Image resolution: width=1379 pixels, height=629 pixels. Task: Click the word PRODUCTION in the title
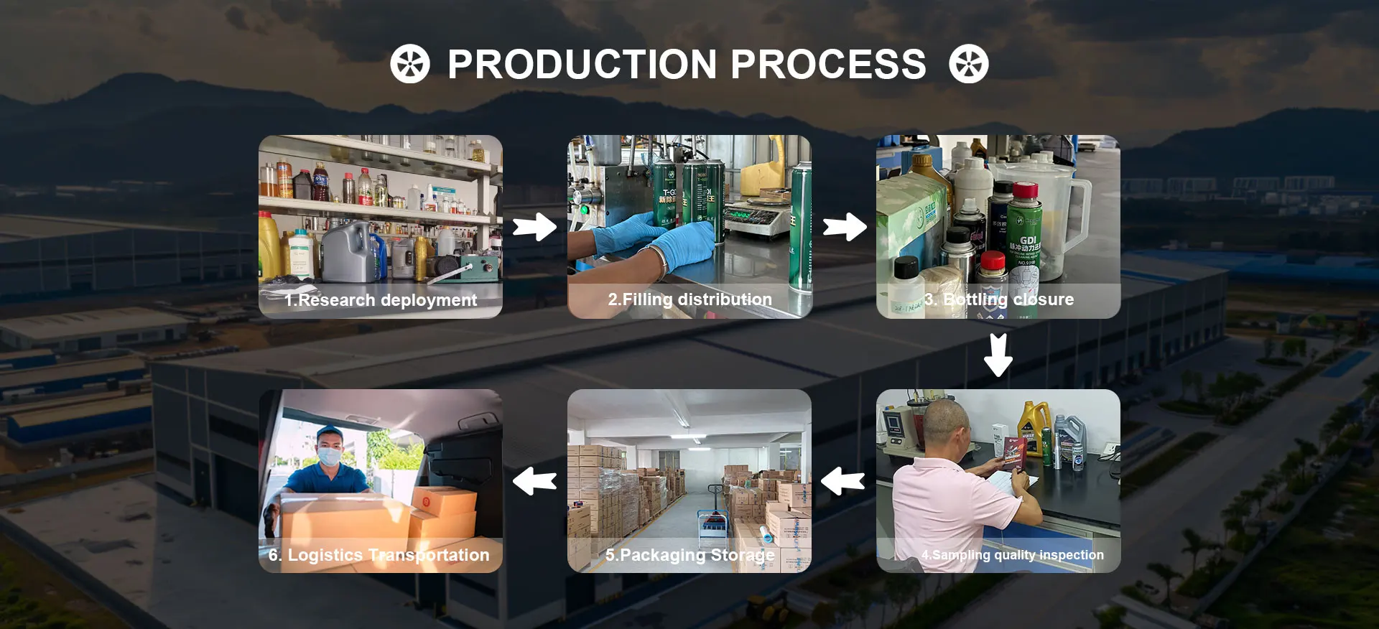pyautogui.click(x=582, y=65)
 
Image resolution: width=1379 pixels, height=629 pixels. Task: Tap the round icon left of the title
pyautogui.click(x=410, y=64)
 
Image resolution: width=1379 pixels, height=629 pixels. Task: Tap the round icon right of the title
pyautogui.click(x=968, y=64)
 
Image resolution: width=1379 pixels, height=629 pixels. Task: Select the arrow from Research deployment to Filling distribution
pyautogui.click(x=534, y=228)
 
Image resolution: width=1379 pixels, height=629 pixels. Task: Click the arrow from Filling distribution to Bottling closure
pyautogui.click(x=845, y=228)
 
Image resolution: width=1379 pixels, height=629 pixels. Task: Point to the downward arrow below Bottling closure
pyautogui.click(x=998, y=355)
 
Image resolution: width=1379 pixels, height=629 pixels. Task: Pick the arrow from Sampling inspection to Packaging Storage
pyautogui.click(x=842, y=481)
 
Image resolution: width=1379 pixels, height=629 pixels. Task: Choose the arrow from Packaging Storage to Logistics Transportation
pyautogui.click(x=534, y=481)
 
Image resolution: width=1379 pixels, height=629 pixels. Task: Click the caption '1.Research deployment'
pyautogui.click(x=381, y=300)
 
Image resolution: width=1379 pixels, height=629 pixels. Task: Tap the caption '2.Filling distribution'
pyautogui.click(x=689, y=299)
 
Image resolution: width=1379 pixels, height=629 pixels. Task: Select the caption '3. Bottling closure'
pyautogui.click(x=998, y=299)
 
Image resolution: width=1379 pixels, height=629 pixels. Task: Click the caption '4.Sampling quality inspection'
pyautogui.click(x=1012, y=555)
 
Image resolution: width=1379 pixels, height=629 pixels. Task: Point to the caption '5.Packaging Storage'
pyautogui.click(x=689, y=555)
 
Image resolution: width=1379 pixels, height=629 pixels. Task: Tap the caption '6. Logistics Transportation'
pyautogui.click(x=379, y=555)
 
